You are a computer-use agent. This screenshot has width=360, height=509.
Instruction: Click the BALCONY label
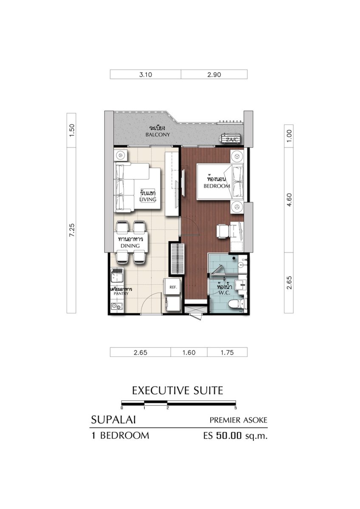pyautogui.click(x=157, y=134)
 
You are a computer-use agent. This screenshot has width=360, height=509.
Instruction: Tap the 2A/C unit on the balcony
pyautogui.click(x=231, y=139)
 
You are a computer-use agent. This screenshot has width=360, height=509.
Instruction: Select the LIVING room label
pyautogui.click(x=148, y=199)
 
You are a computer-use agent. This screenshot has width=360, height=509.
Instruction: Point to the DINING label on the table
pyautogui.click(x=130, y=246)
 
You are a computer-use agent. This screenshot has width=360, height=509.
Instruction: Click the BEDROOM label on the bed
pyautogui.click(x=217, y=186)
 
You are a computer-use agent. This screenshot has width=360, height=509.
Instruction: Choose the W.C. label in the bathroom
pyautogui.click(x=224, y=293)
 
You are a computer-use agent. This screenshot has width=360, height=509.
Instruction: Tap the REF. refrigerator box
pyautogui.click(x=173, y=287)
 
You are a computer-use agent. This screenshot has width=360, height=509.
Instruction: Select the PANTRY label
pyautogui.click(x=121, y=294)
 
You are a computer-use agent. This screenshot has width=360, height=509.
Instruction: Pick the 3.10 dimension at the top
pyautogui.click(x=146, y=75)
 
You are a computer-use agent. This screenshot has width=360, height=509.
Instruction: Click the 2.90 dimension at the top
pyautogui.click(x=214, y=75)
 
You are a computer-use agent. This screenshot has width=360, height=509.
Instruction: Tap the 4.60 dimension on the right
pyautogui.click(x=289, y=200)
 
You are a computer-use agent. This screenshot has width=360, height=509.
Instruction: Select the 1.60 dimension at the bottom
pyautogui.click(x=189, y=352)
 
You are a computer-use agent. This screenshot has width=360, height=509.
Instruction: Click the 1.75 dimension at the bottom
pyautogui.click(x=227, y=352)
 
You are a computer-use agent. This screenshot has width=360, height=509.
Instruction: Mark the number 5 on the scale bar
pyautogui.click(x=236, y=408)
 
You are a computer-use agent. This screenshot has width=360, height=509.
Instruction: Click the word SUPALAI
pyautogui.click(x=113, y=420)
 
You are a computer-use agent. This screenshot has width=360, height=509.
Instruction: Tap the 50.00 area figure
pyautogui.click(x=229, y=436)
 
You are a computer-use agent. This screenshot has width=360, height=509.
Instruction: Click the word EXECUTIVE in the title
pyautogui.click(x=160, y=391)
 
